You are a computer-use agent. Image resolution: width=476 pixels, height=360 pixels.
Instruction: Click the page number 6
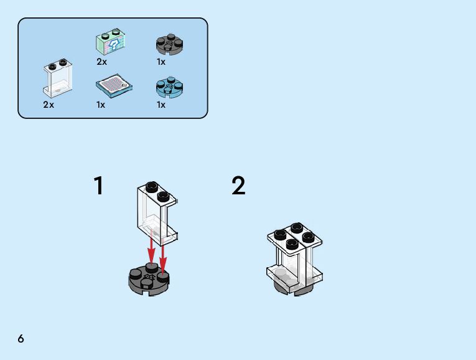coord(21,338)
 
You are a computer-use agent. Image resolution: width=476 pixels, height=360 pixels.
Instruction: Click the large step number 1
coord(98,186)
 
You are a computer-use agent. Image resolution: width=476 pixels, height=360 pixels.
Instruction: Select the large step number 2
coord(238,186)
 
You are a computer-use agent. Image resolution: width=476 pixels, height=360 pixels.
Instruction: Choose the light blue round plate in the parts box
coord(169,88)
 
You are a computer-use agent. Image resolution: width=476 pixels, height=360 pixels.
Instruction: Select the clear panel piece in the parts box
coord(57,79)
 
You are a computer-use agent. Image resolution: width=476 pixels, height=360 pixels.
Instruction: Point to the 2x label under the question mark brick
coord(101,62)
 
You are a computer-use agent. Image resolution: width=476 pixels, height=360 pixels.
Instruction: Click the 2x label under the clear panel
coord(49,105)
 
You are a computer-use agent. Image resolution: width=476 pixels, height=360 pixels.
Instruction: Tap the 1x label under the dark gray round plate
coord(161,62)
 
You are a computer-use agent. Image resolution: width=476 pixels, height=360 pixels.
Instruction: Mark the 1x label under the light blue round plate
coord(161,105)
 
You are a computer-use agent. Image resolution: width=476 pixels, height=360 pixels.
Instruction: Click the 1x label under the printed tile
coord(101,105)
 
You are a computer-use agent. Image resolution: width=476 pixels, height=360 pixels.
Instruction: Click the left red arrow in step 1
coord(151,249)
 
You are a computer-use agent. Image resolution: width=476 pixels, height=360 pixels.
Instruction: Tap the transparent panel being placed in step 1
coord(156,212)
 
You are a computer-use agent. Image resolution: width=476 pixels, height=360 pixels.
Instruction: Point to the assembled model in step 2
coord(294,258)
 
